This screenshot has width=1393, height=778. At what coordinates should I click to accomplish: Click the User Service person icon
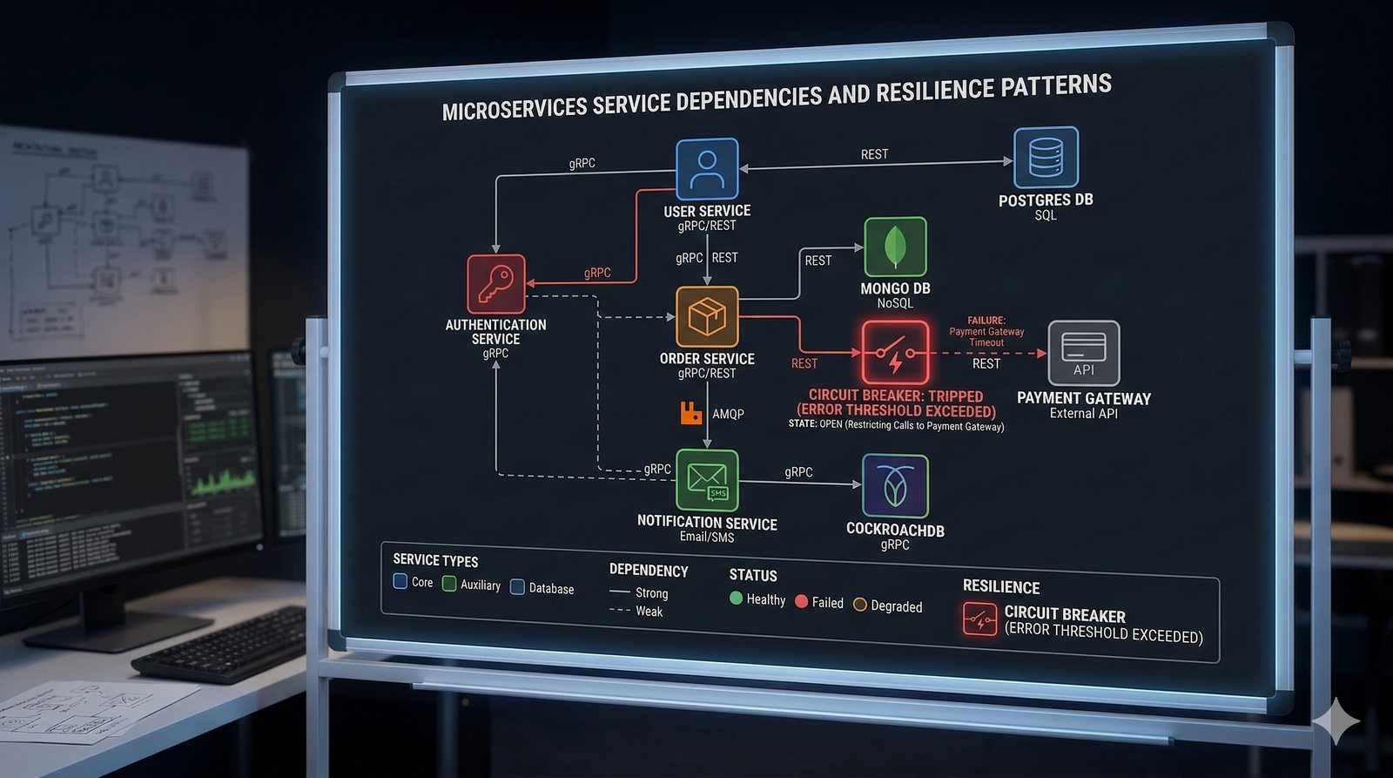pyautogui.click(x=707, y=169)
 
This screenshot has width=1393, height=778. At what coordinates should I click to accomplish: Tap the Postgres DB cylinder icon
pyautogui.click(x=1046, y=158)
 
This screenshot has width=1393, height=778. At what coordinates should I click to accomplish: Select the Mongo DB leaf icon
pyautogui.click(x=895, y=247)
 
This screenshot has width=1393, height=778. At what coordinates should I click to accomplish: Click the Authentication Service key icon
pyautogui.click(x=496, y=284)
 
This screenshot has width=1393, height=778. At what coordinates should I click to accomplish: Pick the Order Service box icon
pyautogui.click(x=707, y=316)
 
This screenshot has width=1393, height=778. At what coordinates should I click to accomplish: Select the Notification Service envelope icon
pyautogui.click(x=707, y=480)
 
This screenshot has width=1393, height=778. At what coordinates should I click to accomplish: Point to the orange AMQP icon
pyautogui.click(x=691, y=413)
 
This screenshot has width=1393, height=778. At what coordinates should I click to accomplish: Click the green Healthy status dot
pyautogui.click(x=736, y=598)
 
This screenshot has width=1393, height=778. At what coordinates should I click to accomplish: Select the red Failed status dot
pyautogui.click(x=802, y=601)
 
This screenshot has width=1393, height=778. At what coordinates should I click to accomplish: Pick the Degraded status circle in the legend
pyautogui.click(x=860, y=605)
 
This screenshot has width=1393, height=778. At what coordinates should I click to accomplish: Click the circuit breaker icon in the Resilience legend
pyautogui.click(x=979, y=619)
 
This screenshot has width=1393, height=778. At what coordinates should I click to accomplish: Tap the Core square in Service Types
pyautogui.click(x=400, y=581)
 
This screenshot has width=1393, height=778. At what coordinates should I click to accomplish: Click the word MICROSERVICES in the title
pyautogui.click(x=515, y=110)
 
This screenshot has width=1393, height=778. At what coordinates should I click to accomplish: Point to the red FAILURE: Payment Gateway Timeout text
pyautogui.click(x=986, y=331)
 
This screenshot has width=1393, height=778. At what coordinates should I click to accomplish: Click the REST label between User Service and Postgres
pyautogui.click(x=874, y=154)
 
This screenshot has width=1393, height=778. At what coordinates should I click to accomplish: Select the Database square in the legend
pyautogui.click(x=517, y=587)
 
